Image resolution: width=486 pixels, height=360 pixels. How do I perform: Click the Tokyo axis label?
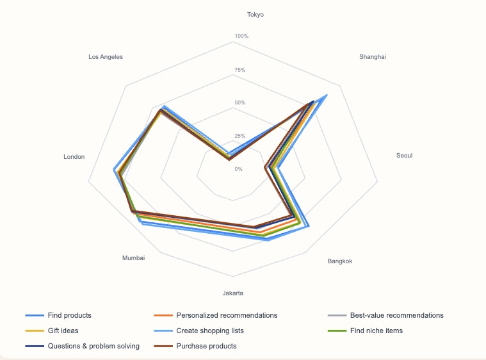(x=255, y=14)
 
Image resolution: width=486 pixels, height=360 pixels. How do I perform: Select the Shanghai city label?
(x=372, y=56)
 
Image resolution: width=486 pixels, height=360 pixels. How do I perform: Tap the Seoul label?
(x=404, y=155)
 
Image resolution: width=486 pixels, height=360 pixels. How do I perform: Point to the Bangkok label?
(x=339, y=261)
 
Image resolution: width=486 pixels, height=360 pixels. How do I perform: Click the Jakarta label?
(x=232, y=293)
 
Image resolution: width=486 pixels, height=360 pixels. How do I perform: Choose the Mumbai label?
(x=133, y=258)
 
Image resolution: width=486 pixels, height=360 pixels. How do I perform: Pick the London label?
(x=74, y=157)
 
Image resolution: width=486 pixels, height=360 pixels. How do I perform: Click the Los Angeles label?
(x=106, y=56)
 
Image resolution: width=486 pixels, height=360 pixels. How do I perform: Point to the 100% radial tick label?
(x=241, y=36)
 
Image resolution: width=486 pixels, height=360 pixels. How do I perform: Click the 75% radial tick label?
(x=240, y=69)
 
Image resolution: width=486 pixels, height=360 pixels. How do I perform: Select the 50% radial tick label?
(x=240, y=102)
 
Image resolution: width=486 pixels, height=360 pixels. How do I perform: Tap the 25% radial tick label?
(x=240, y=136)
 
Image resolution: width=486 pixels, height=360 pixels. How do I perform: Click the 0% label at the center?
(x=238, y=169)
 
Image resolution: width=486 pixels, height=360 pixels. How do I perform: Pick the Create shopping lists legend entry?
(x=209, y=331)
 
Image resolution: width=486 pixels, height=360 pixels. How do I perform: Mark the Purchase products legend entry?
(x=206, y=346)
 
